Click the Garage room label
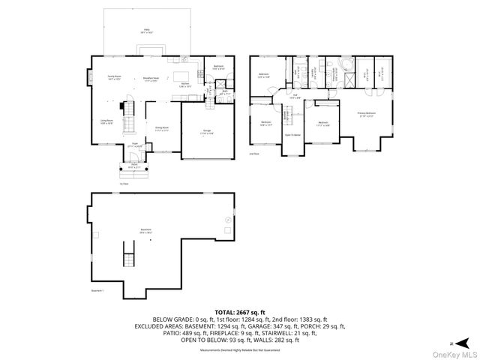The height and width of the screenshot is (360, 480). click(x=206, y=132)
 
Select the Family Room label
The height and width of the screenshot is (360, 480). click(x=114, y=77)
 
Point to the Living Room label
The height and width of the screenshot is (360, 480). click(x=107, y=121)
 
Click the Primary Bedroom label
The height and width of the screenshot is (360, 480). click(x=367, y=114)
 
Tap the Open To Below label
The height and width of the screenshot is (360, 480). click(x=292, y=135)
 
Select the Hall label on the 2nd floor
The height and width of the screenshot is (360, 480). click(x=295, y=96)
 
